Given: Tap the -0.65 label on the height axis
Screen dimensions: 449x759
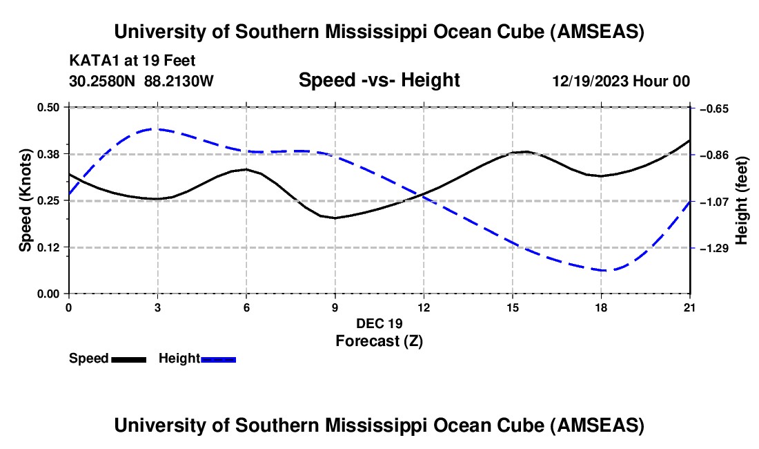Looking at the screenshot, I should coord(715,108).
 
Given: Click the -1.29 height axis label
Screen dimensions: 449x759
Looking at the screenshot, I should coord(715,248).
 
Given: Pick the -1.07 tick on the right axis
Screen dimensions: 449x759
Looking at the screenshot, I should coord(715,202).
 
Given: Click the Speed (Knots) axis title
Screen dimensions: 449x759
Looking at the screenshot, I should coord(25,200).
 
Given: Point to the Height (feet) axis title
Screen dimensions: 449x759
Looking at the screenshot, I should coord(742,200).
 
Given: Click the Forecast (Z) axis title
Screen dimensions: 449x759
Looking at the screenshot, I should coord(379,341).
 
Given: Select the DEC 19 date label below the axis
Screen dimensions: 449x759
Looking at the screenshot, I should coord(379,323).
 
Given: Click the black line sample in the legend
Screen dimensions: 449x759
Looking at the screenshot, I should coord(128,359).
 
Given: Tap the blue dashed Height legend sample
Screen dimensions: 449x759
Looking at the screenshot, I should coord(219,359).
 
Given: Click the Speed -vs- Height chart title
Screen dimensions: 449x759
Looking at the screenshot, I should coord(379,80).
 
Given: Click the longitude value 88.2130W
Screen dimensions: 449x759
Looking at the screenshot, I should coord(179,81).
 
